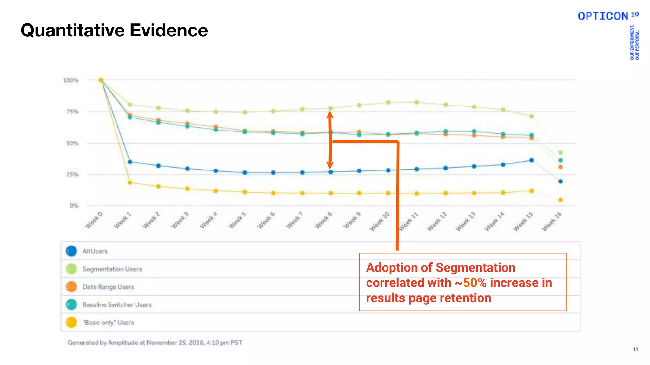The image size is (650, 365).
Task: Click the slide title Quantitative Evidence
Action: point(114,30)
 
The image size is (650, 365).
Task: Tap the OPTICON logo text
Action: point(603,16)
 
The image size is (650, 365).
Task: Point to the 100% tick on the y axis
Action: point(70,80)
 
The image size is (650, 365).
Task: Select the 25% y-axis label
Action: point(72,175)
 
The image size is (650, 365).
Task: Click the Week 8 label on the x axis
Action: point(323,220)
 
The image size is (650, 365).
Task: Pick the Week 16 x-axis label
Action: point(552,221)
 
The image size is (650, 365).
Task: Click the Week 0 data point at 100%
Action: point(101,80)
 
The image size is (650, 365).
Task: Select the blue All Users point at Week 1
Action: point(130,162)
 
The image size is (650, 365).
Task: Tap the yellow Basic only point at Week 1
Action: point(130,182)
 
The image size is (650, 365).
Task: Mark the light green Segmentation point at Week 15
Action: point(532,116)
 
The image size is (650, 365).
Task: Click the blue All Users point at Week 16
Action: point(560,182)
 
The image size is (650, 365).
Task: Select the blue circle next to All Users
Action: point(71,251)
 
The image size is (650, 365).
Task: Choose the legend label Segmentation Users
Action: point(112,269)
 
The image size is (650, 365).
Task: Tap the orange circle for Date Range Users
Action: point(71,287)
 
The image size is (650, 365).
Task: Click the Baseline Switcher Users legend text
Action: point(117,304)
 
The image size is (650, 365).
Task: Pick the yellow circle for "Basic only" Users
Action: point(71,322)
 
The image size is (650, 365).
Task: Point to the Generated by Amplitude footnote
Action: point(155,343)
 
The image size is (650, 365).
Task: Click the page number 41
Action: point(635,349)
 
